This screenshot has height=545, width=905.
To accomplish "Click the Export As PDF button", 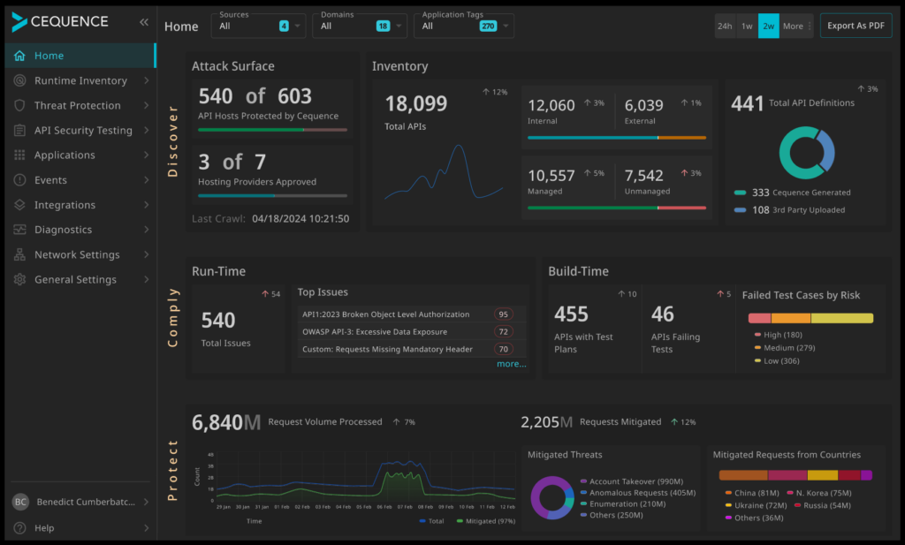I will pos(856,26).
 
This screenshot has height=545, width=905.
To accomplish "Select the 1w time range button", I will pos(747,26).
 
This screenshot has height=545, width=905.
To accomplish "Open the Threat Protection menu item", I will pos(78,105).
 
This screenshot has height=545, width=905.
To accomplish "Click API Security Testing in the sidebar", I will pos(83,130).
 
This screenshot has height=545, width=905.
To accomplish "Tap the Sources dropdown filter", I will pos(258,26).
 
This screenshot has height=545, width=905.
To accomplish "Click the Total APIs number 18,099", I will pos(416,104).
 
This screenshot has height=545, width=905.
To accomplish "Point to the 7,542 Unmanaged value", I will pos(643,176).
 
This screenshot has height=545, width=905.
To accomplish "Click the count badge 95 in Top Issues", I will pos(504,314).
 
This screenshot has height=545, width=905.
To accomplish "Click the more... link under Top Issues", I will pos(511,364).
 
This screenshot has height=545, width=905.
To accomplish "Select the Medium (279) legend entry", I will pos(789,348).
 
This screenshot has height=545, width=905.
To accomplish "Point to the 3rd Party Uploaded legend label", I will pos(809,210).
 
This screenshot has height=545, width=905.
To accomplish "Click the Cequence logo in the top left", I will pos(60,22).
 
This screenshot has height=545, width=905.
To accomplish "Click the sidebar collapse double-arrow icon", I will pos(144,22).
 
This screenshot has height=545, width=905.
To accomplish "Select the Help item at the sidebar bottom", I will pos(44,528).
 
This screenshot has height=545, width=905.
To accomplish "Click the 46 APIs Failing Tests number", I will pos(663,314).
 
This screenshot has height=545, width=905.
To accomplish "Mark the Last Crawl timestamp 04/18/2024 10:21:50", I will pos(300,218).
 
